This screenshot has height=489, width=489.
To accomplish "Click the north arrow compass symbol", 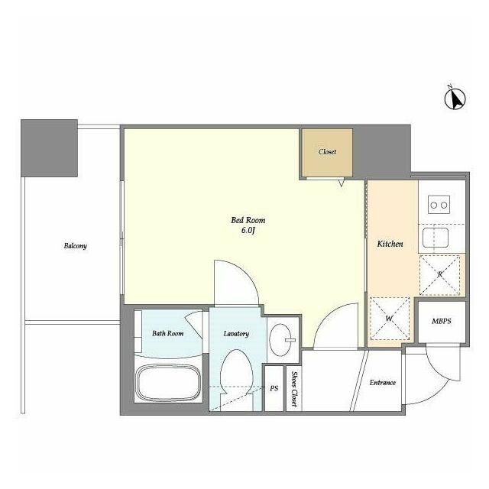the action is point(455,98).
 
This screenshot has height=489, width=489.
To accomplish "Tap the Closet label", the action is point(327,152).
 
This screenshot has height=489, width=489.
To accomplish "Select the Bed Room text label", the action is point(248,220).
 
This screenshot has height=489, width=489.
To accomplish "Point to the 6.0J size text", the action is point(248,231).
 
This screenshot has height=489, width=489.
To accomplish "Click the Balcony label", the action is point(75,246).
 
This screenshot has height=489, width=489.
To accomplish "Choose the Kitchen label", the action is point(390,244).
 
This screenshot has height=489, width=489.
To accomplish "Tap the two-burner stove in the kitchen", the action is point(439,205).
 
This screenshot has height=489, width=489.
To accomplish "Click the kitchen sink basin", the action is point(436,238).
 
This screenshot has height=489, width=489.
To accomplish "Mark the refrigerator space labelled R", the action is point(440,275).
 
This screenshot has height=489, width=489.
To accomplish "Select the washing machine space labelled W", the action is point(389,319).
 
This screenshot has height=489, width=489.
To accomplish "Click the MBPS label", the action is point(442,321).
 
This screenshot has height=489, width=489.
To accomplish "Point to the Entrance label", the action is point(383,382).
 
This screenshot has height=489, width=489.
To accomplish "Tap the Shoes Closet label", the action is point(293,389).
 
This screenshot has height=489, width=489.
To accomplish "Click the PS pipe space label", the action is point(274,389).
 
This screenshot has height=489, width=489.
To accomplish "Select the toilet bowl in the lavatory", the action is point(236,377).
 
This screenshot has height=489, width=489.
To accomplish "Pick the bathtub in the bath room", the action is point(168,384).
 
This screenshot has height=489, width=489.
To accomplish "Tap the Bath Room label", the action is point(168,333).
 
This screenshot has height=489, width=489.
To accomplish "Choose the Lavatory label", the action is point(236,334).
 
